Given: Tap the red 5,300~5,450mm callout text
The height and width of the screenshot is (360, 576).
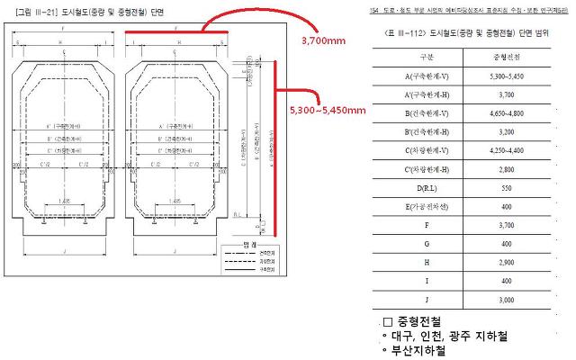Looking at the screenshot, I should click(328, 110).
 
